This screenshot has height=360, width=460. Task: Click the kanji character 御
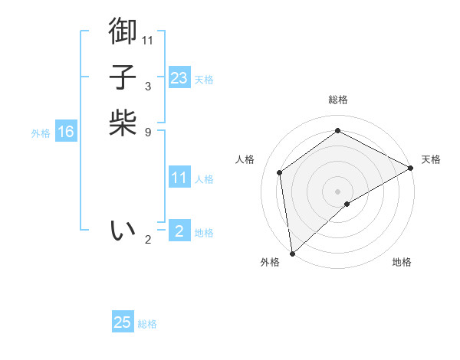(x=123, y=31)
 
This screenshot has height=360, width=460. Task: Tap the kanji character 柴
(x=123, y=123)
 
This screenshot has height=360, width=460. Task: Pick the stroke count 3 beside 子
(x=148, y=87)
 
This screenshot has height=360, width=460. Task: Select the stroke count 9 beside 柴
(x=148, y=133)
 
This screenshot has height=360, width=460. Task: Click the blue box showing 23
(x=179, y=78)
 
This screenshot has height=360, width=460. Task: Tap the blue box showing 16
(x=66, y=132)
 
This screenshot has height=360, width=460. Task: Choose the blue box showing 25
(x=123, y=322)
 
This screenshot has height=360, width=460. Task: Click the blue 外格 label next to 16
(x=41, y=133)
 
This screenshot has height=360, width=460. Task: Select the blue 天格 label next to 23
(x=204, y=80)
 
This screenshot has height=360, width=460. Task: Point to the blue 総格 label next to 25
(x=147, y=324)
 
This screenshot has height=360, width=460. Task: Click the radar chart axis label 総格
(x=338, y=100)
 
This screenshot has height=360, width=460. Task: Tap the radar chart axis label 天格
(x=431, y=159)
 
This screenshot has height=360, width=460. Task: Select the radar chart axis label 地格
(x=402, y=262)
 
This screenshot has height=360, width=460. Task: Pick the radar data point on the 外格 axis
(x=292, y=253)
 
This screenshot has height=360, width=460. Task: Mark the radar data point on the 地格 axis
(x=347, y=204)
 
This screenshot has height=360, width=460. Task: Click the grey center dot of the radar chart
(x=338, y=191)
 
